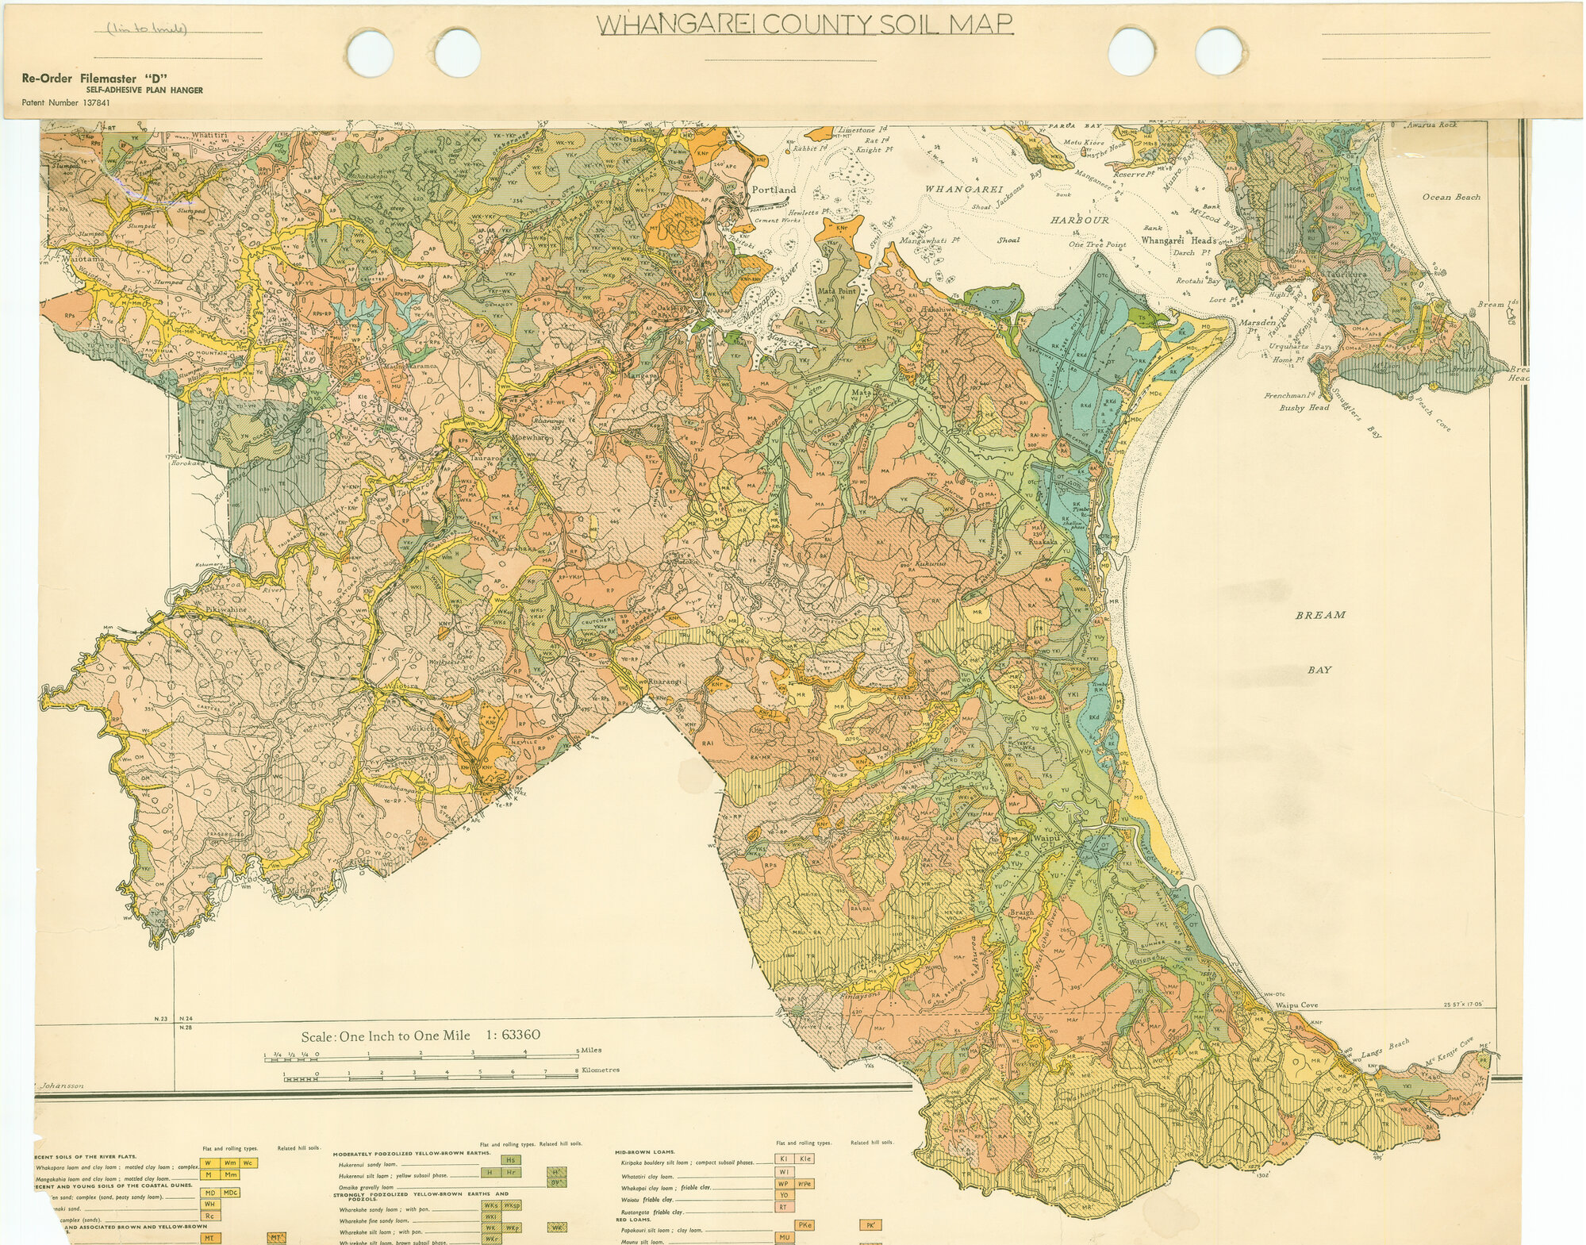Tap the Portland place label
(773, 190)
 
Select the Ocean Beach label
(1450, 197)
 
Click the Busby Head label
(1304, 407)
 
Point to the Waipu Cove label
(1296, 1005)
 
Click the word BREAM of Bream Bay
(1321, 615)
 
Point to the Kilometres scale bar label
(601, 1070)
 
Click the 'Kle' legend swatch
(805, 1159)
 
